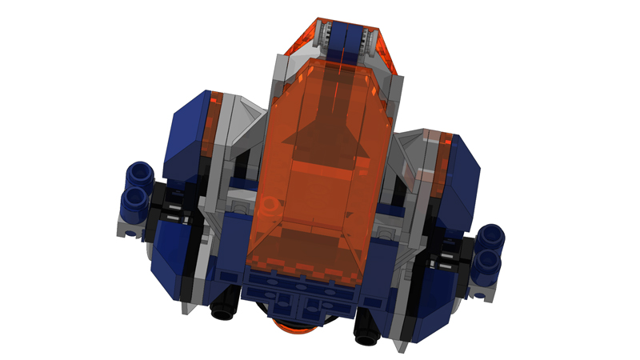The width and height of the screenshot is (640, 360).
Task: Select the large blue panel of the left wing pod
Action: point(186,132)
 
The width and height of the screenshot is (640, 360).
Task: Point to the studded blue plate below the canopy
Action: point(300,293)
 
